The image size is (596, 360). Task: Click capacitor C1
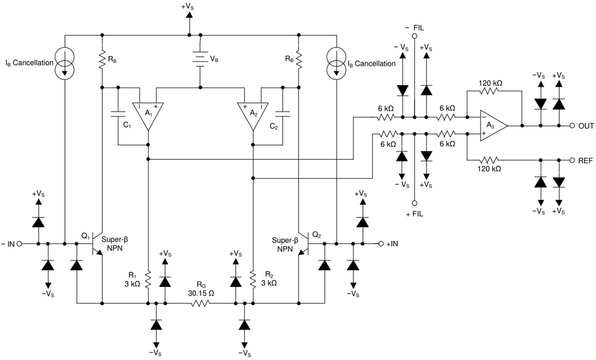pyautogui.click(x=118, y=114)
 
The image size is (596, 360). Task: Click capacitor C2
pyautogui.click(x=282, y=114)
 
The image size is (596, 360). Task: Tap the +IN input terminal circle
pyautogui.click(x=381, y=244)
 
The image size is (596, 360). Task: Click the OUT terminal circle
pyautogui.click(x=572, y=126)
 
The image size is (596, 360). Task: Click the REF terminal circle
pyautogui.click(x=572, y=160)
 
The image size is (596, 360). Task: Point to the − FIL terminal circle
pyautogui.click(x=414, y=36)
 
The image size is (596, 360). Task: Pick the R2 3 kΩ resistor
pyautogui.click(x=253, y=279)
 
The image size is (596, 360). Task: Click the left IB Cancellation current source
pyautogui.click(x=64, y=63)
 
